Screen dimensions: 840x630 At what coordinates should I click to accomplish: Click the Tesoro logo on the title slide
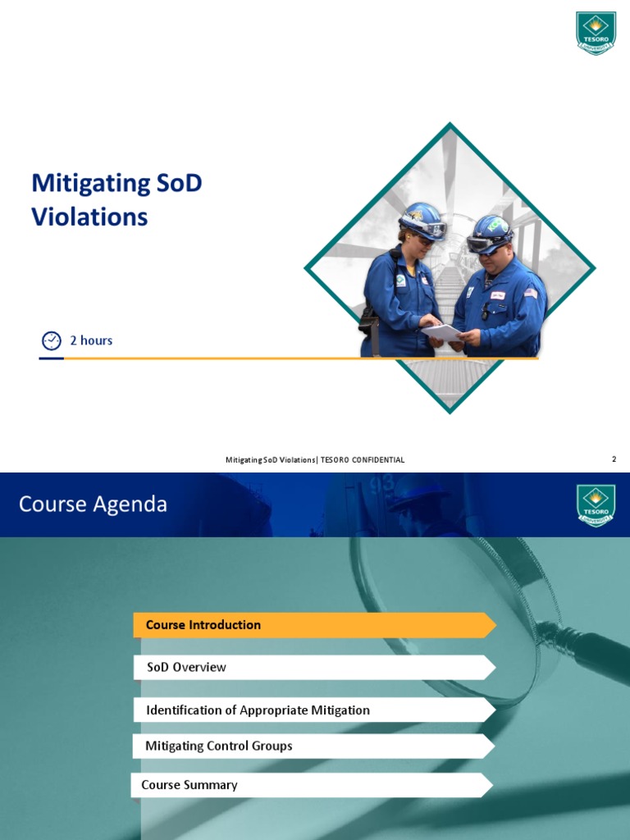click(x=596, y=34)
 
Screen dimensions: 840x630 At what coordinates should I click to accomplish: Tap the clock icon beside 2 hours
click(x=51, y=340)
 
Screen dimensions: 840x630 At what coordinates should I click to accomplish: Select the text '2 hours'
click(x=91, y=340)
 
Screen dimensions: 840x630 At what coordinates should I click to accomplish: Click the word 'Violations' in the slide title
click(x=89, y=217)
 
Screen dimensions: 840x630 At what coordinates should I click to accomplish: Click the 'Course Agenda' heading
click(x=93, y=504)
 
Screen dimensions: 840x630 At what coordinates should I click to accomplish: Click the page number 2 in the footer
click(x=614, y=459)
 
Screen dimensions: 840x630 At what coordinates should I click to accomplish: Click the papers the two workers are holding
click(x=444, y=332)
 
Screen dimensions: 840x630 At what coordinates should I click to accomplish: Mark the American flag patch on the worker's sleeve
click(x=531, y=293)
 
